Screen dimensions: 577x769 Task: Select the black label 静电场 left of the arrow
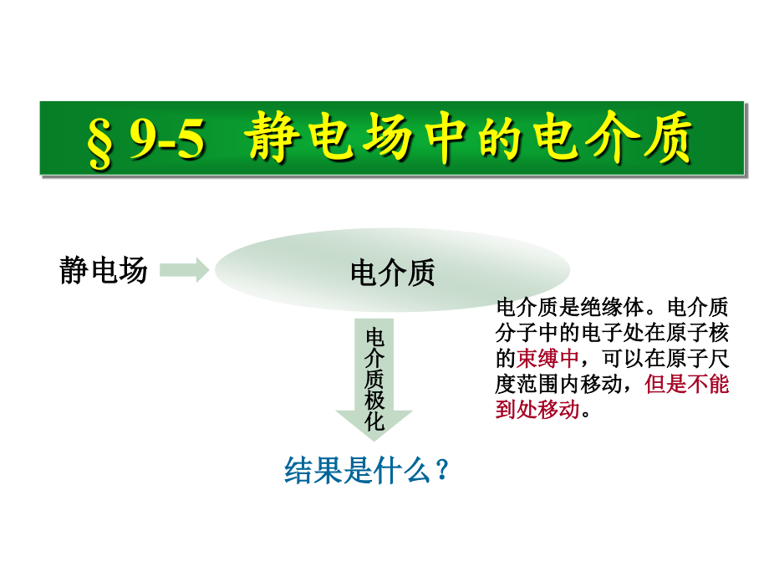coord(104,270)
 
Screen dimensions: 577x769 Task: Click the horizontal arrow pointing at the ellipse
coord(183,269)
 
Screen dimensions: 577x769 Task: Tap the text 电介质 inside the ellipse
coord(393,273)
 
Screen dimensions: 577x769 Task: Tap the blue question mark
coord(443,470)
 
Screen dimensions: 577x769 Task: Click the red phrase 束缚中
coord(547,359)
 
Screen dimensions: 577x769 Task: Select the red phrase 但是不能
coord(687,385)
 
